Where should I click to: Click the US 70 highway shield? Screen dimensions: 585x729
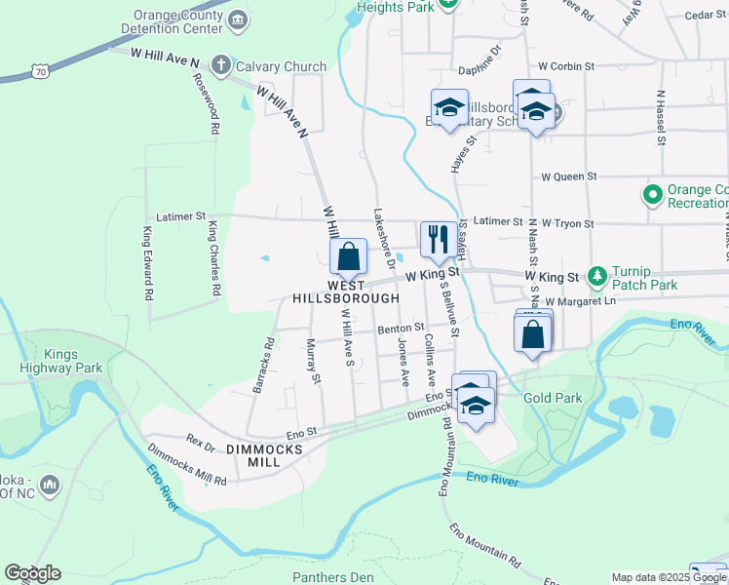[39, 71]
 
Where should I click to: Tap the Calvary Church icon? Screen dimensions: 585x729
[220, 66]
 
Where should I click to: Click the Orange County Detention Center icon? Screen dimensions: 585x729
[239, 19]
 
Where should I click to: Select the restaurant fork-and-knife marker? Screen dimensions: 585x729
[437, 237]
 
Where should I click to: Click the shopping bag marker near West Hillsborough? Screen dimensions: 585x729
[348, 257]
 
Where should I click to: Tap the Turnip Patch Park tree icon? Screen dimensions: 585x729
[598, 278]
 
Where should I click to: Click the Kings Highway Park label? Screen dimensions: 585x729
[61, 362]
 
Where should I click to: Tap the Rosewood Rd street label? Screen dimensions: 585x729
[211, 106]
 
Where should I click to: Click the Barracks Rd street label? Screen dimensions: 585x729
[262, 366]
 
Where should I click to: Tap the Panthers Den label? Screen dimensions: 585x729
[332, 577]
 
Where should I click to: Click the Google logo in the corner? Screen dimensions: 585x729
[32, 573]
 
